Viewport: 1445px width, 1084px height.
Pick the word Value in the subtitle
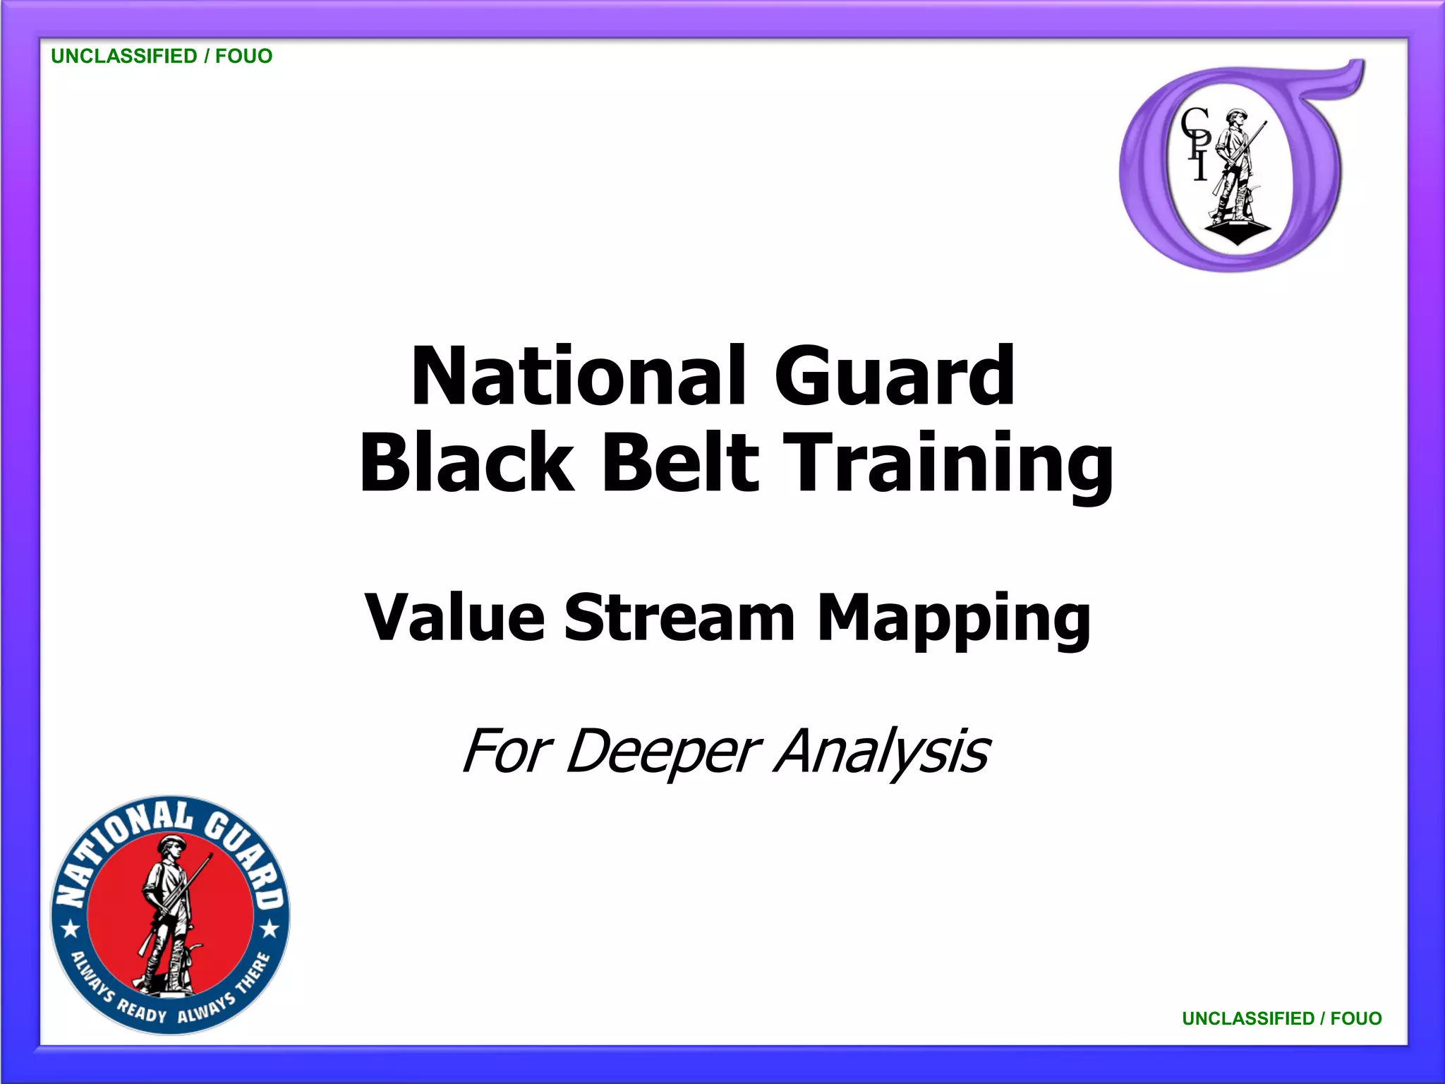pyautogui.click(x=455, y=618)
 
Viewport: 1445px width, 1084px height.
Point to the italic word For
pyautogui.click(x=505, y=752)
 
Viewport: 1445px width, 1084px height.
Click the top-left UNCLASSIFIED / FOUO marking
pyautogui.click(x=162, y=56)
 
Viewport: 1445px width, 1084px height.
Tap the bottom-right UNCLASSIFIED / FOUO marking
pyautogui.click(x=1281, y=1018)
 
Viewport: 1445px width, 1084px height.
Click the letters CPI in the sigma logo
pyautogui.click(x=1197, y=145)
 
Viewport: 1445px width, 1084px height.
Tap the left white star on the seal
pyautogui.click(x=70, y=929)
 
